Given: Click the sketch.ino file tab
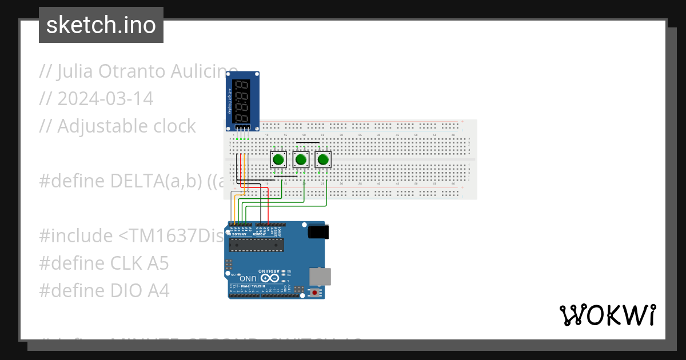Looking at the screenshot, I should tap(101, 25).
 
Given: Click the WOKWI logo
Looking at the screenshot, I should tap(607, 315).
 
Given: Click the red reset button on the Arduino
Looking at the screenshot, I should tap(314, 293).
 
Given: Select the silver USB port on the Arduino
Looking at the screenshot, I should tap(319, 276).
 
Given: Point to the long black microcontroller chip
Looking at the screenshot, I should tap(256, 245).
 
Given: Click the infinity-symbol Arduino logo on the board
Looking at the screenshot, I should tap(273, 278).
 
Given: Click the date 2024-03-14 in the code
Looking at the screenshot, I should tap(105, 99).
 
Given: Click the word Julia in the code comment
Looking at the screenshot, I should tap(74, 71).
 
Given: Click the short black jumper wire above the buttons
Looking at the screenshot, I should tap(308, 143).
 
